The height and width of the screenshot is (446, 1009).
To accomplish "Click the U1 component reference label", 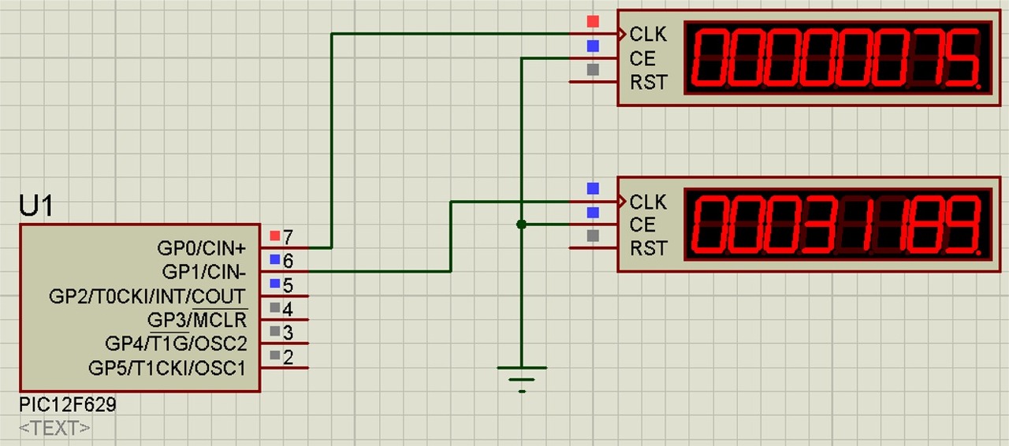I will pyautogui.click(x=36, y=206).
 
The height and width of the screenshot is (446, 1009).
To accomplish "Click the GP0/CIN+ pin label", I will pyautogui.click(x=202, y=248).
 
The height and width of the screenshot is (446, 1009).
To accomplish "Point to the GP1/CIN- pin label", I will pyautogui.click(x=204, y=272).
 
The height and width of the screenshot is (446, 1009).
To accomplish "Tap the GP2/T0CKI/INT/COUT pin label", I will pyautogui.click(x=147, y=296).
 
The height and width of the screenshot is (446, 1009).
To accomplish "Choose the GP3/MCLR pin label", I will pyautogui.click(x=196, y=320).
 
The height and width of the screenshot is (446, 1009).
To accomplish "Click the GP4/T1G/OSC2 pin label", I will pyautogui.click(x=176, y=344).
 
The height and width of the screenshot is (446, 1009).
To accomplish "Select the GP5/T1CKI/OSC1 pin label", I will pyautogui.click(x=167, y=368).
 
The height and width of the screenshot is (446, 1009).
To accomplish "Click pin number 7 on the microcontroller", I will pyautogui.click(x=288, y=236).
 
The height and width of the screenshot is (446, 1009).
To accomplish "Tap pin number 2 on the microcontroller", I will pyautogui.click(x=288, y=358).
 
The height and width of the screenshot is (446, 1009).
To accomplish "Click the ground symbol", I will pyautogui.click(x=521, y=377).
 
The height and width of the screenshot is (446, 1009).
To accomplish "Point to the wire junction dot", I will pyautogui.click(x=521, y=225).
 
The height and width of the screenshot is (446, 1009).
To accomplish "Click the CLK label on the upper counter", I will pyautogui.click(x=648, y=35).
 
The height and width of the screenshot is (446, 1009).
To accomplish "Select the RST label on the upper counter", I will pyautogui.click(x=648, y=82).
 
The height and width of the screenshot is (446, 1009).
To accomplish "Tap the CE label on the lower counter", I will pyautogui.click(x=642, y=225).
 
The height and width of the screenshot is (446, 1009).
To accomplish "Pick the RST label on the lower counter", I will pyautogui.click(x=648, y=249).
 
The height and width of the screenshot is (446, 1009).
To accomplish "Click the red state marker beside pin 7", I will pyautogui.click(x=274, y=236).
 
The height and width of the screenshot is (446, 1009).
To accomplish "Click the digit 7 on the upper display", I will pyautogui.click(x=925, y=59).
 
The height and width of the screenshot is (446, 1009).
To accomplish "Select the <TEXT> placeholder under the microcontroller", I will pyautogui.click(x=54, y=429).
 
